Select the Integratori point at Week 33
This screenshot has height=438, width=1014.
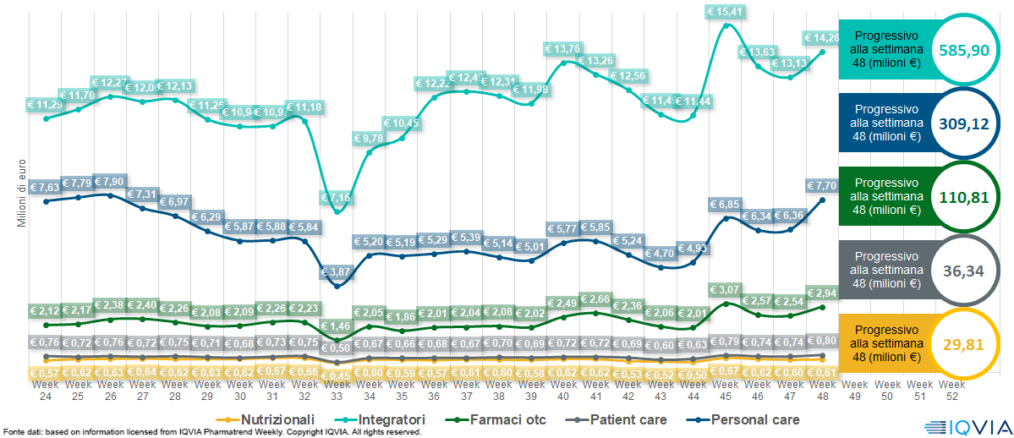(x=337, y=212)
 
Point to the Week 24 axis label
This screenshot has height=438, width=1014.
(x=46, y=390)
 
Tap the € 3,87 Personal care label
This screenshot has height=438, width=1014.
(x=337, y=271)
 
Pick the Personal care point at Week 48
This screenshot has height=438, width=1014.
(x=822, y=200)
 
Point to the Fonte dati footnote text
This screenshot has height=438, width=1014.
(x=211, y=432)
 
